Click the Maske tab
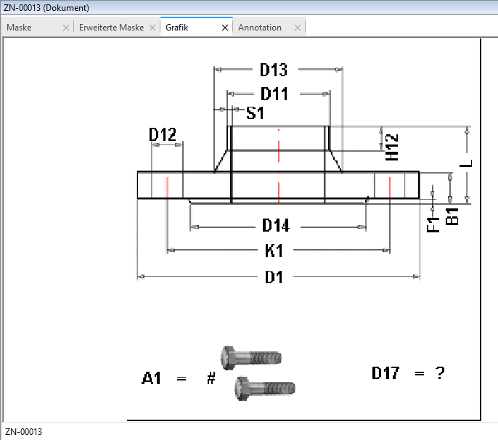(x=19, y=28)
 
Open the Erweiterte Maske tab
(x=112, y=28)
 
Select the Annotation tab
(x=260, y=28)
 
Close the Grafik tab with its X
(x=225, y=28)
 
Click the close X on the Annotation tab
(x=298, y=28)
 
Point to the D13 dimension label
(x=274, y=70)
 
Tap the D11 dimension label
(x=274, y=94)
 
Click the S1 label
(x=255, y=113)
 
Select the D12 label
(x=163, y=134)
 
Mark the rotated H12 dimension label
(x=391, y=147)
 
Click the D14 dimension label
(x=276, y=226)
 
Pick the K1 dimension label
(x=274, y=250)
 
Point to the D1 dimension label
(x=274, y=277)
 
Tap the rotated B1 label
(x=452, y=216)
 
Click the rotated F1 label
(x=433, y=224)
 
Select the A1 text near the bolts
(x=151, y=378)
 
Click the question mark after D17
(x=440, y=373)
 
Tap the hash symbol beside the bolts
(x=211, y=378)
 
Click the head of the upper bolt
(x=228, y=358)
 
